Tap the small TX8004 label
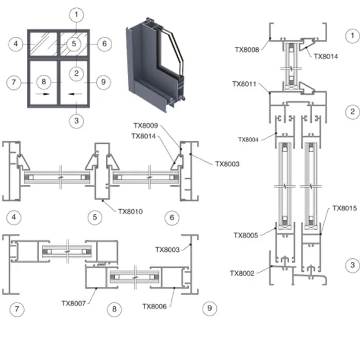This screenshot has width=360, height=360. click(x=248, y=140)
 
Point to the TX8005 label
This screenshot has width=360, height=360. click(x=246, y=236)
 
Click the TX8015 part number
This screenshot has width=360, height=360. click(x=344, y=207)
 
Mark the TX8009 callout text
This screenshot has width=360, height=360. click(x=145, y=125)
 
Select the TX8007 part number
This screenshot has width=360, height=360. click(x=74, y=303)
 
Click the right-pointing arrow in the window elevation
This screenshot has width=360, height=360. click(x=43, y=93)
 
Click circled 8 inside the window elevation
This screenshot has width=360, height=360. click(x=43, y=82)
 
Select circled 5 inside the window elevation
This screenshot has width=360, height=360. click(x=74, y=43)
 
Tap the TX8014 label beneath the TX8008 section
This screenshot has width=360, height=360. click(x=326, y=57)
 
